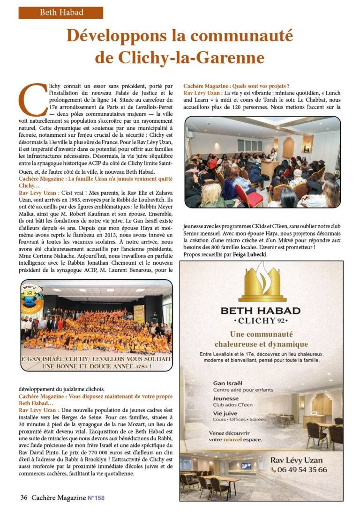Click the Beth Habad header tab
(60, 13)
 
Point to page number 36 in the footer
(23, 497)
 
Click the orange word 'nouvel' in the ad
(232, 440)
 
